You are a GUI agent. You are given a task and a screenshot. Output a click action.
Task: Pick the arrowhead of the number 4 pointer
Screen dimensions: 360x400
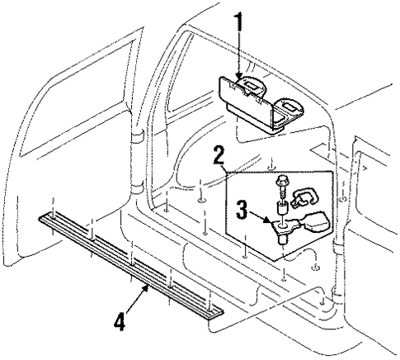[x=148, y=287]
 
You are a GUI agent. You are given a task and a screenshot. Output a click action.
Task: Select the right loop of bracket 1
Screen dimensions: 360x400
[x=289, y=104]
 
